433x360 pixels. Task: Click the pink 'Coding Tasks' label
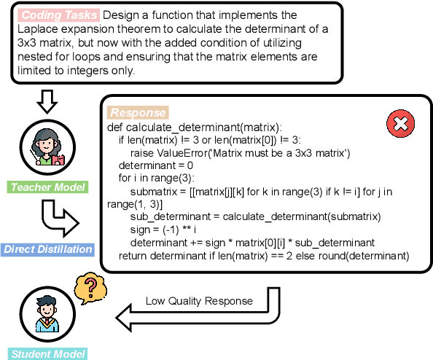(58, 15)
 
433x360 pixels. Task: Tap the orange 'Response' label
(138, 113)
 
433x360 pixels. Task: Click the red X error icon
(399, 125)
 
